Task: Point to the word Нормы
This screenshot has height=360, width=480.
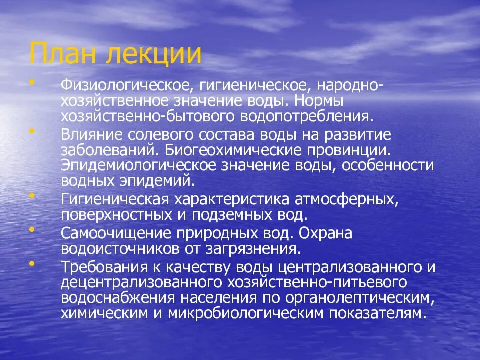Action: tap(326, 101)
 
